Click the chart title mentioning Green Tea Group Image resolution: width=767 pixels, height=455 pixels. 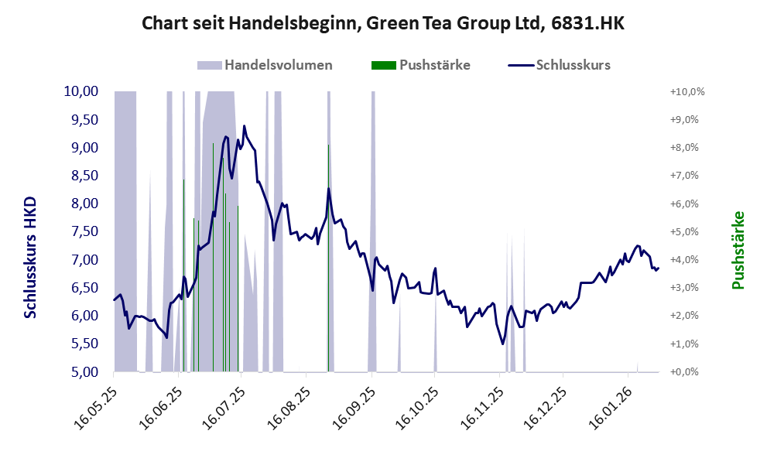(x=383, y=24)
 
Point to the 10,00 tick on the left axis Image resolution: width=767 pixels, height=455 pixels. (x=80, y=91)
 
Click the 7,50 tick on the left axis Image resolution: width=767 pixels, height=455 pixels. (x=80, y=231)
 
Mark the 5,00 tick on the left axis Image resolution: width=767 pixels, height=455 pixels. (x=80, y=371)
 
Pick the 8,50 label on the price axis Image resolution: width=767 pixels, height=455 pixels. (x=80, y=176)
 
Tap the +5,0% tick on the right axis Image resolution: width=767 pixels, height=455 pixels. (x=687, y=231)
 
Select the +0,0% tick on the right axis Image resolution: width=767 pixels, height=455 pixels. (x=687, y=371)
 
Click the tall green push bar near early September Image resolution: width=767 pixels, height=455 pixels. (x=328, y=255)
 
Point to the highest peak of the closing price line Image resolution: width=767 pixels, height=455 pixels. (x=244, y=126)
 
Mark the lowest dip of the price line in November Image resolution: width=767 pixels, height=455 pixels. (x=502, y=344)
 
